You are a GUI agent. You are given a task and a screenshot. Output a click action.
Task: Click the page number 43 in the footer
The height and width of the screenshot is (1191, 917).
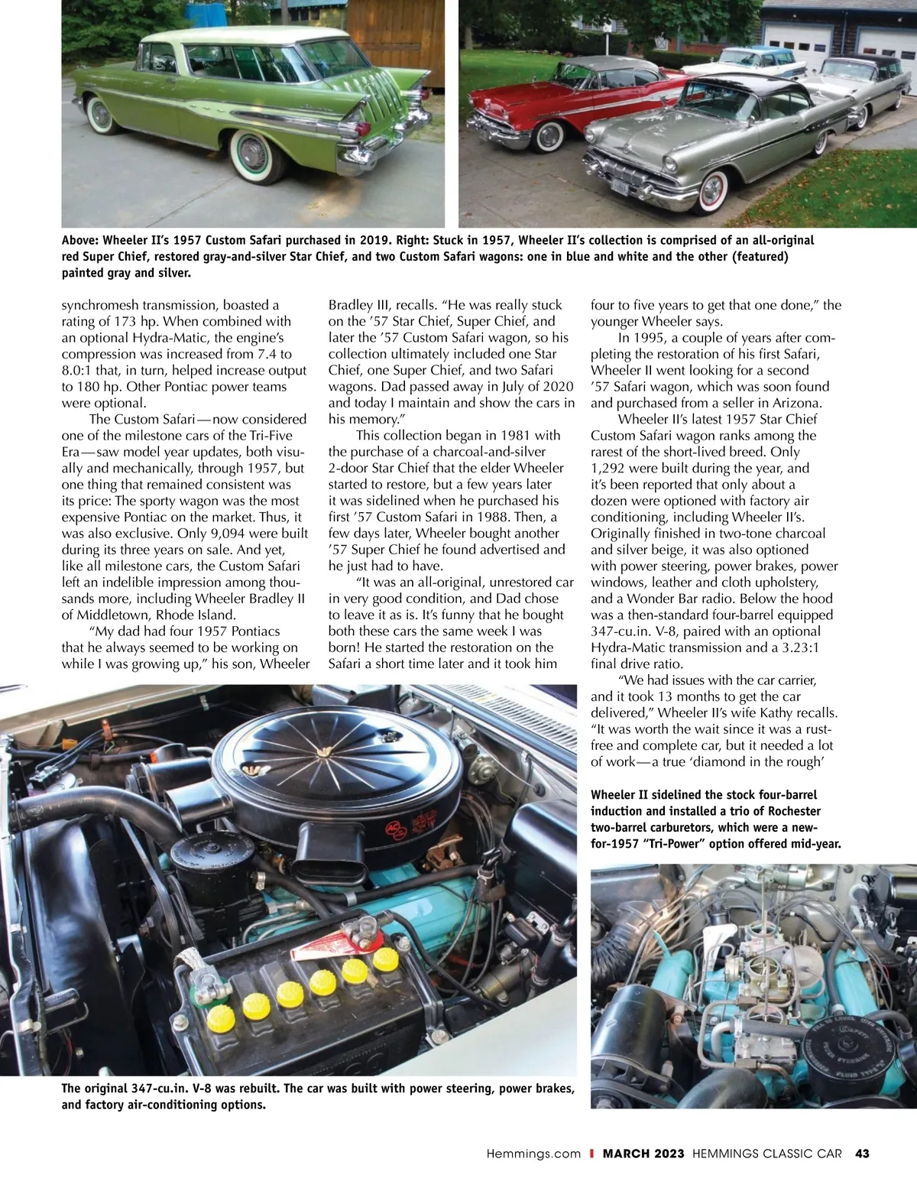pos(863,1154)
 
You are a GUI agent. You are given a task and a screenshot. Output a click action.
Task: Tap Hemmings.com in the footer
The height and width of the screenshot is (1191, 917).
pos(533,1154)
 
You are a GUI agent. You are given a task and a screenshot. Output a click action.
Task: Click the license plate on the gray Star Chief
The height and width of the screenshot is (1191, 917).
pos(620,186)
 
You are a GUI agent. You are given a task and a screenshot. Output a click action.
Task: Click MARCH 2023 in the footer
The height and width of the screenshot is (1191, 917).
pos(643,1154)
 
